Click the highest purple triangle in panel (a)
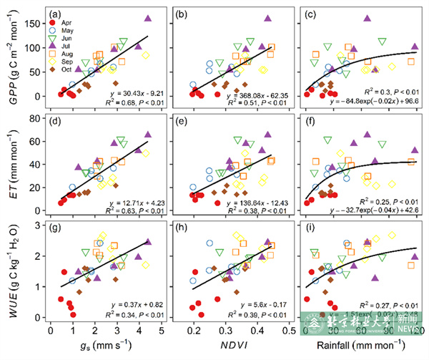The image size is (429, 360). (148, 19)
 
